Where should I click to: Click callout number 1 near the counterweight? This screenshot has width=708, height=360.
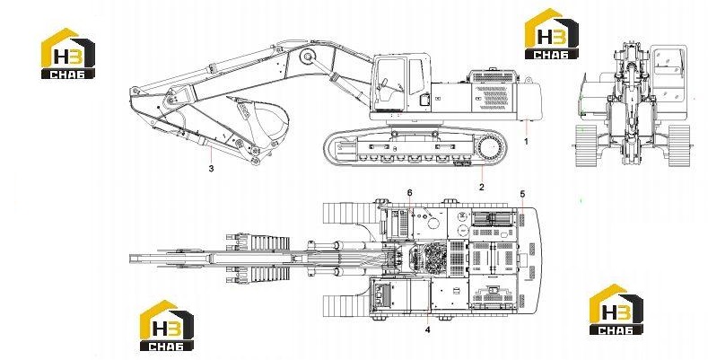pos(526,141)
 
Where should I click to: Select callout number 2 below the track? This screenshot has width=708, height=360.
pos(482,187)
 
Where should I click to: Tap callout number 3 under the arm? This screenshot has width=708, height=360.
pos(211,169)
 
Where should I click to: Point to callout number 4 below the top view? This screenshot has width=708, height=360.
pos(428,329)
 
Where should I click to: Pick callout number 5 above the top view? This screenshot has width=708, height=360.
pos(522,194)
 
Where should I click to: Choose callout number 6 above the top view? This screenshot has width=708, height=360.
pos(409,193)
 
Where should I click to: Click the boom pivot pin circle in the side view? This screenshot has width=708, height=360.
pos(308,57)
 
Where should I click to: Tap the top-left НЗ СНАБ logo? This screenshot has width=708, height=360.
pos(68,54)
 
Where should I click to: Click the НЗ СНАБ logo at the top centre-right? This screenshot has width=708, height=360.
pos(551,34)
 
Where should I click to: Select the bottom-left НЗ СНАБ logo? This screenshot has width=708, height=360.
pos(167,326)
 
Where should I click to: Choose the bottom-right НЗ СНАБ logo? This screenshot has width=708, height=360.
pos(616,310)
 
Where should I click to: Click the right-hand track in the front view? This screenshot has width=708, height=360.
pos(678,146)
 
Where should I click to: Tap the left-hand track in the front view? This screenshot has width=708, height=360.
pos(586,146)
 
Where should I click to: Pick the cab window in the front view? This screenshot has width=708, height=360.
pos(668,60)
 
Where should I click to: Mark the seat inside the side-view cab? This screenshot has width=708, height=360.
pos(385,92)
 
